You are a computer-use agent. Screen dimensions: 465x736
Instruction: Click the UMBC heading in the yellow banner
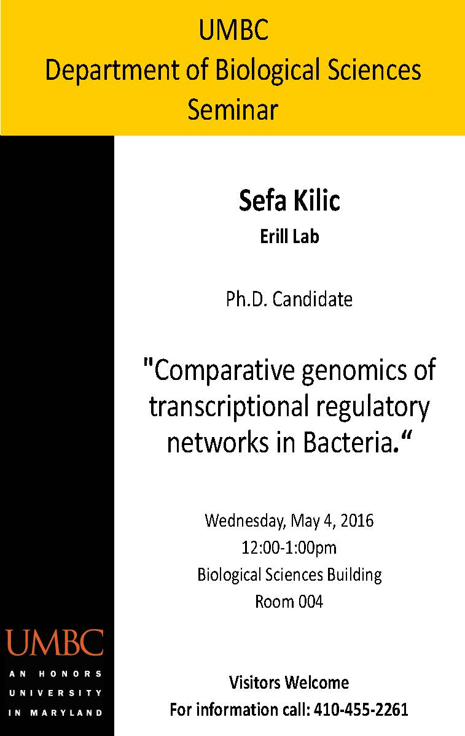coord(233,29)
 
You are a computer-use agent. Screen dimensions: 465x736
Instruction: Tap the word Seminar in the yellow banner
coord(233,109)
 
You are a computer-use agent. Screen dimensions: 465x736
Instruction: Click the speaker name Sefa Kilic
coord(289,201)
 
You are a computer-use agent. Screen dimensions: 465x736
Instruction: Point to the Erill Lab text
coord(289,236)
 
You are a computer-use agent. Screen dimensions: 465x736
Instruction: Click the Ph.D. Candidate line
coord(289,299)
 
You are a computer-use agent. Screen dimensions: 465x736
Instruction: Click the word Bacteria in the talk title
coord(347,442)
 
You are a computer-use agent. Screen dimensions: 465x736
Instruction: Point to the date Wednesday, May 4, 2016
coord(289,521)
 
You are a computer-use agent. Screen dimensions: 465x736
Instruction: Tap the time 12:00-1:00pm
coord(289,548)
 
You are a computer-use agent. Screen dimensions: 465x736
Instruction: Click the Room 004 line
coord(289,602)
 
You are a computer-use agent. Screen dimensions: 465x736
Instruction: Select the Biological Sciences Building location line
coord(289,575)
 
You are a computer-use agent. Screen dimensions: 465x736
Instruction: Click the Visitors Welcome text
coord(289,683)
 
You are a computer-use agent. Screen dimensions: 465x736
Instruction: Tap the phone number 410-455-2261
coord(361,709)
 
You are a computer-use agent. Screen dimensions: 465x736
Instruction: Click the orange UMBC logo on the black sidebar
coord(55,643)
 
